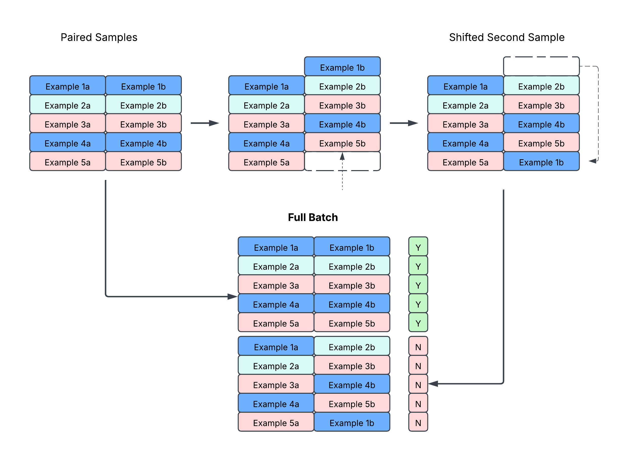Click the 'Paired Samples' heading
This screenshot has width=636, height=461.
pyautogui.click(x=99, y=37)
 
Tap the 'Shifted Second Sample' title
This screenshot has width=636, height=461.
pyautogui.click(x=506, y=37)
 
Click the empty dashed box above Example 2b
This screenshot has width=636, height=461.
pyautogui.click(x=541, y=66)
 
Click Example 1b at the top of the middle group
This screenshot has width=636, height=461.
pyautogui.click(x=342, y=67)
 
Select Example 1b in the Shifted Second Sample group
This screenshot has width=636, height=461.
pyautogui.click(x=541, y=162)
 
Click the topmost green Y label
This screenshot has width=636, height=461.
pyautogui.click(x=418, y=247)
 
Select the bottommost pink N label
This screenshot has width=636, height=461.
pyautogui.click(x=418, y=423)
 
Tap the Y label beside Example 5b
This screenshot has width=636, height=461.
pyautogui.click(x=418, y=323)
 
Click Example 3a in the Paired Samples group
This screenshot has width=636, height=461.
pyautogui.click(x=67, y=124)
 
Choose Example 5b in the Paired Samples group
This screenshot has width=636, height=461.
pyautogui.click(x=143, y=162)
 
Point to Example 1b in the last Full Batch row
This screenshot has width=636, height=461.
pyautogui.click(x=352, y=423)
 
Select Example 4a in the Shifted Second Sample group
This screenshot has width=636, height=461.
pyautogui.click(x=465, y=143)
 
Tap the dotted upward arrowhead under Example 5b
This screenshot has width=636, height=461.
pyautogui.click(x=342, y=156)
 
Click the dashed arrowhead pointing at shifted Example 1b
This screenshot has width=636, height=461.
pyautogui.click(x=593, y=161)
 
